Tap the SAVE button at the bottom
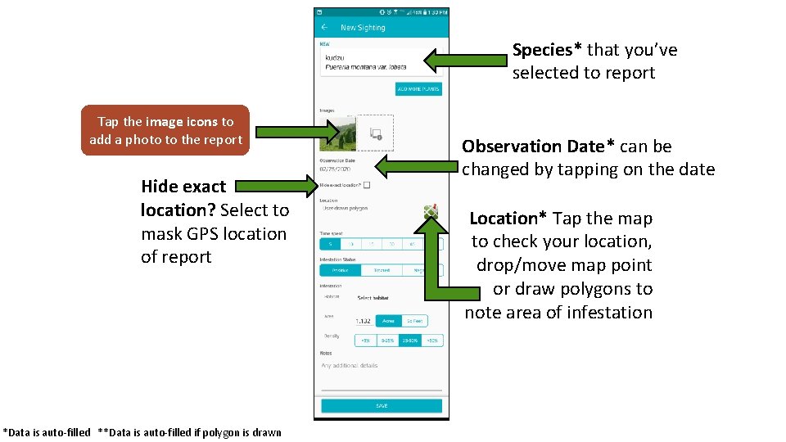pos(382,406)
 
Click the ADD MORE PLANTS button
pos(418,89)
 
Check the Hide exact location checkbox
pos(367,185)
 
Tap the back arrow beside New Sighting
pos(325,27)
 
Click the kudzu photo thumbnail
pos(338,133)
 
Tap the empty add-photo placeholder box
pos(375,133)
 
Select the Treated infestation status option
pos(382,270)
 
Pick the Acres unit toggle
pos(388,321)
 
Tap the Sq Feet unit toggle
pos(415,321)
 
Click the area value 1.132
pos(364,321)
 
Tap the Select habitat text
pos(372,298)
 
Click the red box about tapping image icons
pos(166,130)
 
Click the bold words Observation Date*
pos(539,147)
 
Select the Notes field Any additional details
pos(350,365)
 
